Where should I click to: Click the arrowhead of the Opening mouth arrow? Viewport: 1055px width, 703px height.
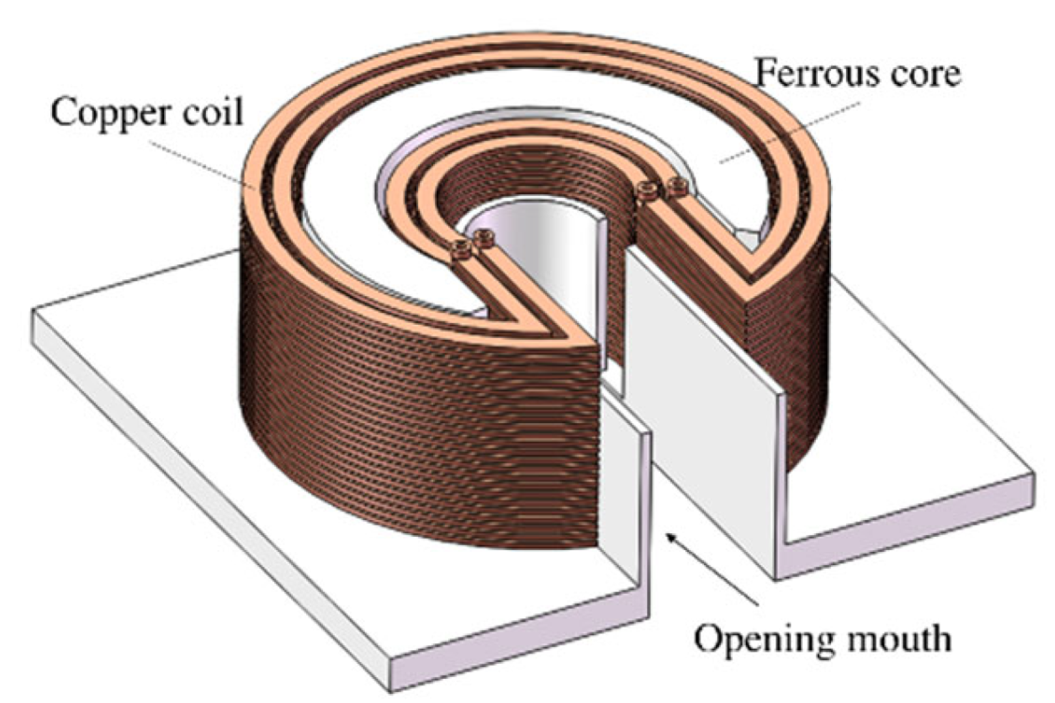point(669,535)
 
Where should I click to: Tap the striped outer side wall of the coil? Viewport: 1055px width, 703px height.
point(391,423)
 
